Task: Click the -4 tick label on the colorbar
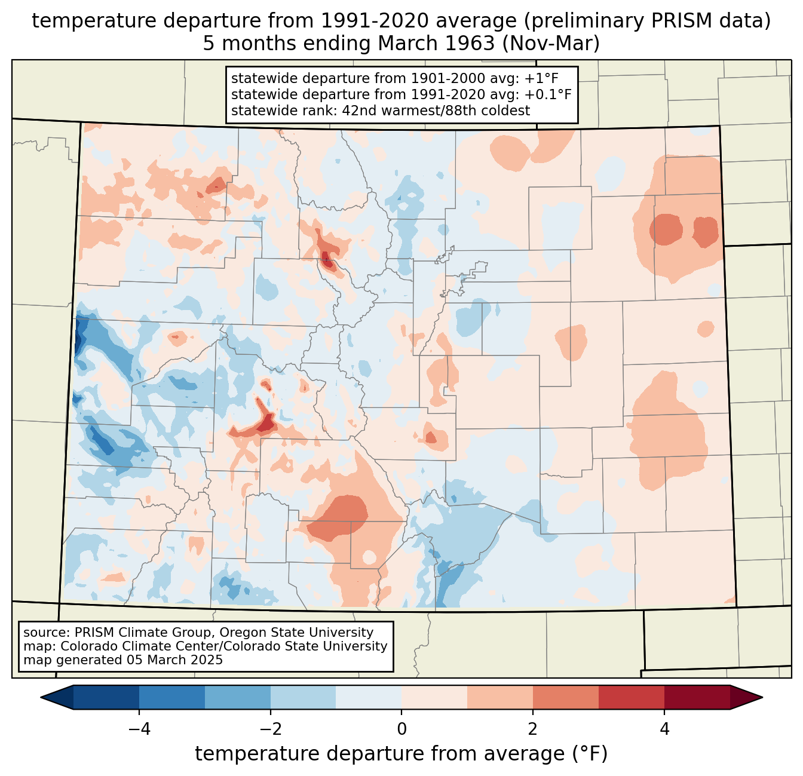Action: [139, 729]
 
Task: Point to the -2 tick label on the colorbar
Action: [270, 729]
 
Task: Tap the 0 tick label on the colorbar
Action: [401, 729]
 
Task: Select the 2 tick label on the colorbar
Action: [533, 729]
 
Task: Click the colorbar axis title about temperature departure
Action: [401, 754]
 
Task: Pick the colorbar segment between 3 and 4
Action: [632, 697]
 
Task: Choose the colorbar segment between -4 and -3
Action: [172, 697]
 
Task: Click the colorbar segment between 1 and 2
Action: [500, 697]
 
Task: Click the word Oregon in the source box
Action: [250, 633]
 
